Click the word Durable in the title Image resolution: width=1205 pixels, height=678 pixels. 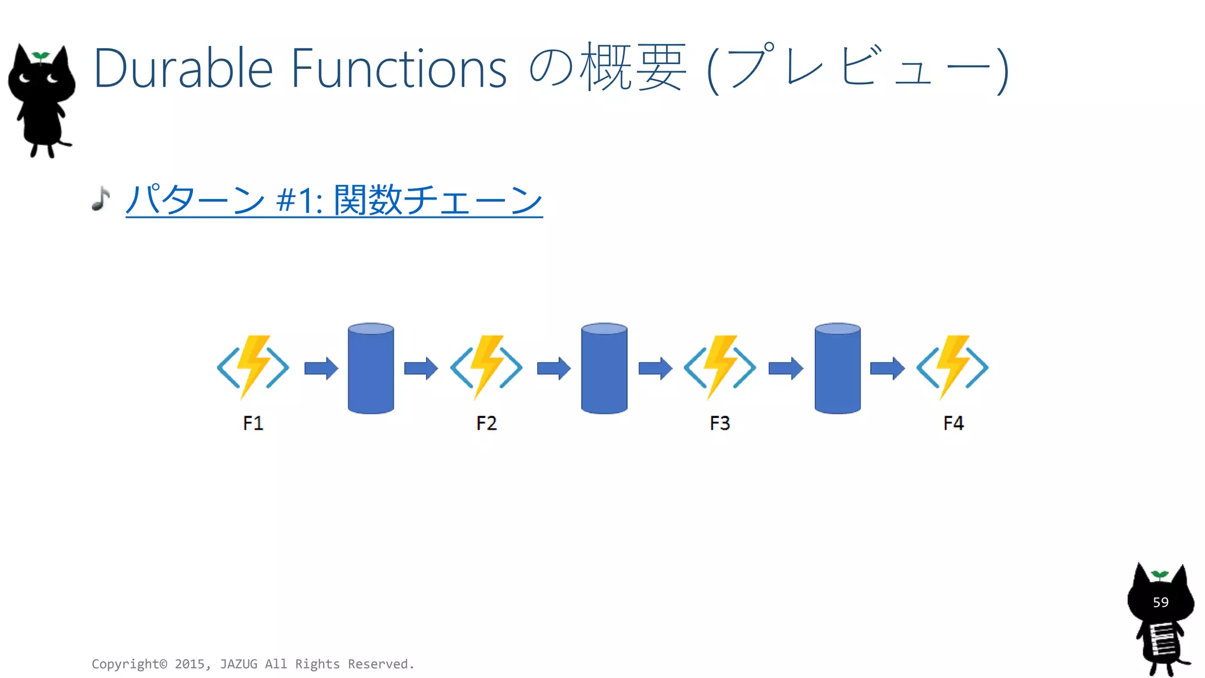click(182, 69)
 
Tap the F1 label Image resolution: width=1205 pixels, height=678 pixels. click(253, 423)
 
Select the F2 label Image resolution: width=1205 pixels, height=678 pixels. click(487, 423)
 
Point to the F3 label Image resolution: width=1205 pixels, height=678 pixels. click(720, 423)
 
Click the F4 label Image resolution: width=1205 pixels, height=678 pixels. click(953, 423)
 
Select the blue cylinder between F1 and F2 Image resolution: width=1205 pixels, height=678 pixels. click(371, 368)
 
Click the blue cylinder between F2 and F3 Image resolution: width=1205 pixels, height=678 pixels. click(604, 368)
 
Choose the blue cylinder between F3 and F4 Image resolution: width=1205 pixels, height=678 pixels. click(837, 368)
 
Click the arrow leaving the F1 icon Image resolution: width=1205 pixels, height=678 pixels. click(321, 368)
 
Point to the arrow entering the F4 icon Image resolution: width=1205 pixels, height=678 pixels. click(887, 368)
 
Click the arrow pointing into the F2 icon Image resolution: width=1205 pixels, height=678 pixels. click(421, 368)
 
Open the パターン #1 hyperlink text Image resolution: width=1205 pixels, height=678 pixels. click(334, 200)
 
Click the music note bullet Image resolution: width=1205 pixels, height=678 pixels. click(101, 199)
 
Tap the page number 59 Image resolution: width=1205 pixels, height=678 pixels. click(1160, 602)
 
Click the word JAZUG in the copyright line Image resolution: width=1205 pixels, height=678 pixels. click(238, 664)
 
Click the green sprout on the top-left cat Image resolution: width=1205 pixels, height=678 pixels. click(41, 56)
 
